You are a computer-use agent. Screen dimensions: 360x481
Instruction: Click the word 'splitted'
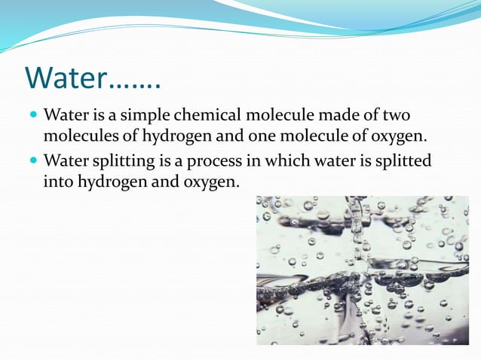(403, 161)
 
